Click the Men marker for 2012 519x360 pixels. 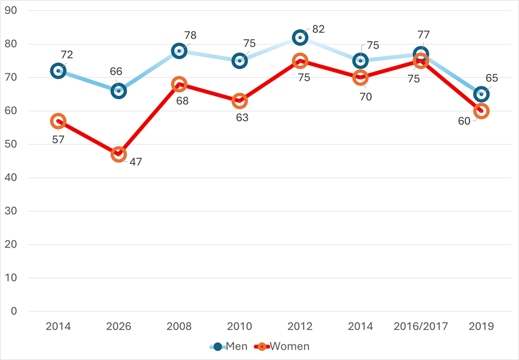tap(300, 37)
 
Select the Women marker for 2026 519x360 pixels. tap(118, 154)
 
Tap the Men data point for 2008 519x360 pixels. tap(179, 51)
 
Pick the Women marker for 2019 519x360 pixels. tap(481, 111)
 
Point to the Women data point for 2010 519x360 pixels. tap(239, 101)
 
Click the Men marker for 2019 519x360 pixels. tap(481, 94)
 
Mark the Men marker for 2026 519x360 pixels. tap(118, 91)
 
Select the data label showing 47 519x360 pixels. tap(136, 162)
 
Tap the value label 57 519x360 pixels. tap(58, 140)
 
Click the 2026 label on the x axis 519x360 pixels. tap(118, 327)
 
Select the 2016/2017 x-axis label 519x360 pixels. tap(421, 327)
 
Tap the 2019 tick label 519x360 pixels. tap(481, 327)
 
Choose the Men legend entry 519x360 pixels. tap(230, 347)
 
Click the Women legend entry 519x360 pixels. tap(283, 347)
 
